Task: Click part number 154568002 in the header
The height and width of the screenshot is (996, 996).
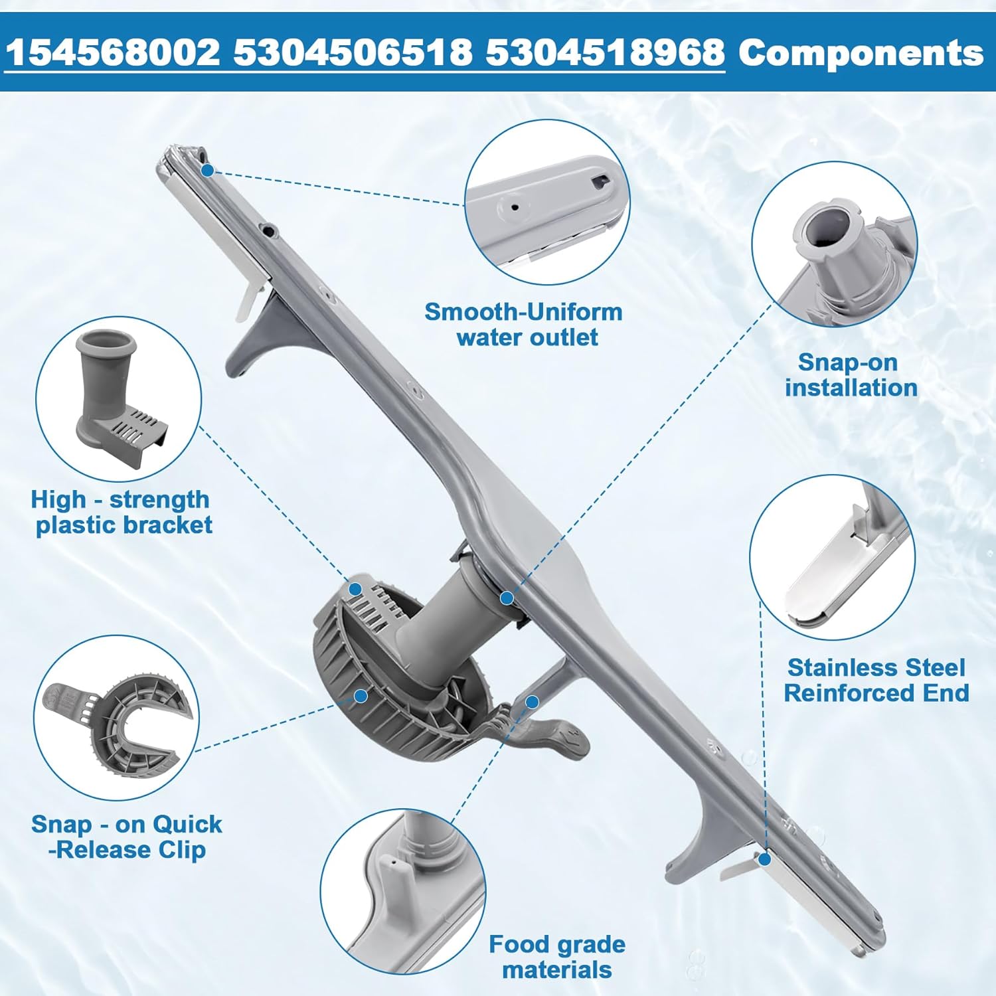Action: (x=113, y=52)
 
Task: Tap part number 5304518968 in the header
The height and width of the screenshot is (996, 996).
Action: (x=605, y=52)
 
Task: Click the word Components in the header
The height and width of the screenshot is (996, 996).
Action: (x=861, y=52)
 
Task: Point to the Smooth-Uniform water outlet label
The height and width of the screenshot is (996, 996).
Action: (x=524, y=324)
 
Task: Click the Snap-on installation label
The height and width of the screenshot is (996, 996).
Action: (x=851, y=374)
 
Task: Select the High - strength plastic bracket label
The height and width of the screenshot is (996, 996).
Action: (x=122, y=512)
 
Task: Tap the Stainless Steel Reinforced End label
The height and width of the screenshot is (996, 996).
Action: (x=876, y=680)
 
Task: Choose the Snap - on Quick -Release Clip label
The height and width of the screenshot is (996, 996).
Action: (x=126, y=837)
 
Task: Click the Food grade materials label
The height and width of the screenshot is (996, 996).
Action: (x=557, y=957)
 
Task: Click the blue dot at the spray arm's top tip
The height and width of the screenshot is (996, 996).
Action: (x=207, y=171)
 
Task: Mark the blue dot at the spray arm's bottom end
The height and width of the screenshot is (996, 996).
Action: (x=764, y=859)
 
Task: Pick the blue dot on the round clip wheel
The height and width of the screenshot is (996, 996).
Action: (x=361, y=696)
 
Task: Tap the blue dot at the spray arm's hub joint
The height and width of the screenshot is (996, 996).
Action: (x=507, y=598)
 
